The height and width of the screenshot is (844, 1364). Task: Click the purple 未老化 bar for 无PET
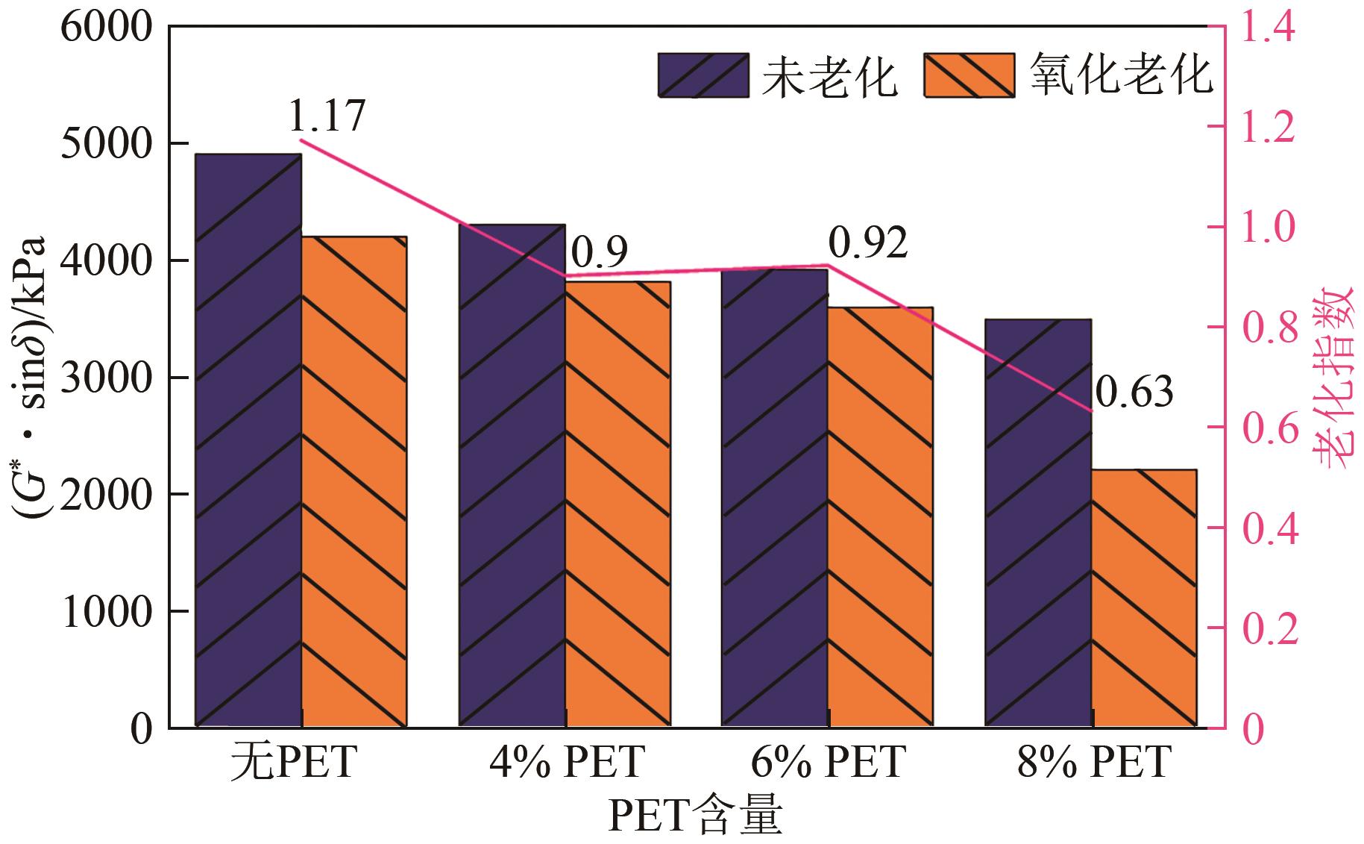click(248, 440)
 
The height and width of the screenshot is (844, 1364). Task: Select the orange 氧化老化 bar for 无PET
click(353, 481)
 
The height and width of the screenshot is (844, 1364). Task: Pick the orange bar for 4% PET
click(617, 504)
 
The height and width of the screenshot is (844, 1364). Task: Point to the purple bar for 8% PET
click(1038, 522)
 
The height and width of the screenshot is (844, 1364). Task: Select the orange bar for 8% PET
click(1144, 598)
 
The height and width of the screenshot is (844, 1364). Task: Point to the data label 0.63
click(1134, 392)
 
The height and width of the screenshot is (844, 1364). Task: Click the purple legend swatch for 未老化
click(703, 75)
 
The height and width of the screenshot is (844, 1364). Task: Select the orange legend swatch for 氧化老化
click(969, 75)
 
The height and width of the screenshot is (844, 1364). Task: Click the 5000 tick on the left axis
click(104, 143)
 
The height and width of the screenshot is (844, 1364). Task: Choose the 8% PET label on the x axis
click(1093, 763)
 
